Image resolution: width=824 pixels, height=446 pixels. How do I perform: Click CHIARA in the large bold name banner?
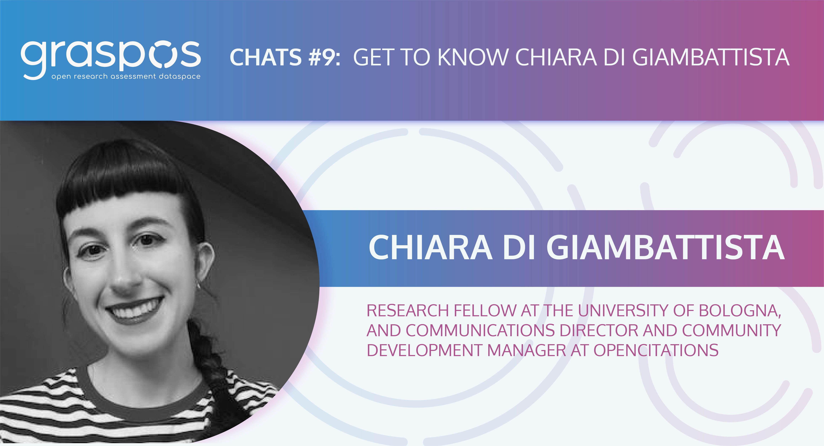click(x=430, y=248)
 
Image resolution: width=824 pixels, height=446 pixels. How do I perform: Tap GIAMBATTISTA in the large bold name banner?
click(x=665, y=248)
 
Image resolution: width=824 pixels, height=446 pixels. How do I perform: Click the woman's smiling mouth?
click(x=134, y=308)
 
